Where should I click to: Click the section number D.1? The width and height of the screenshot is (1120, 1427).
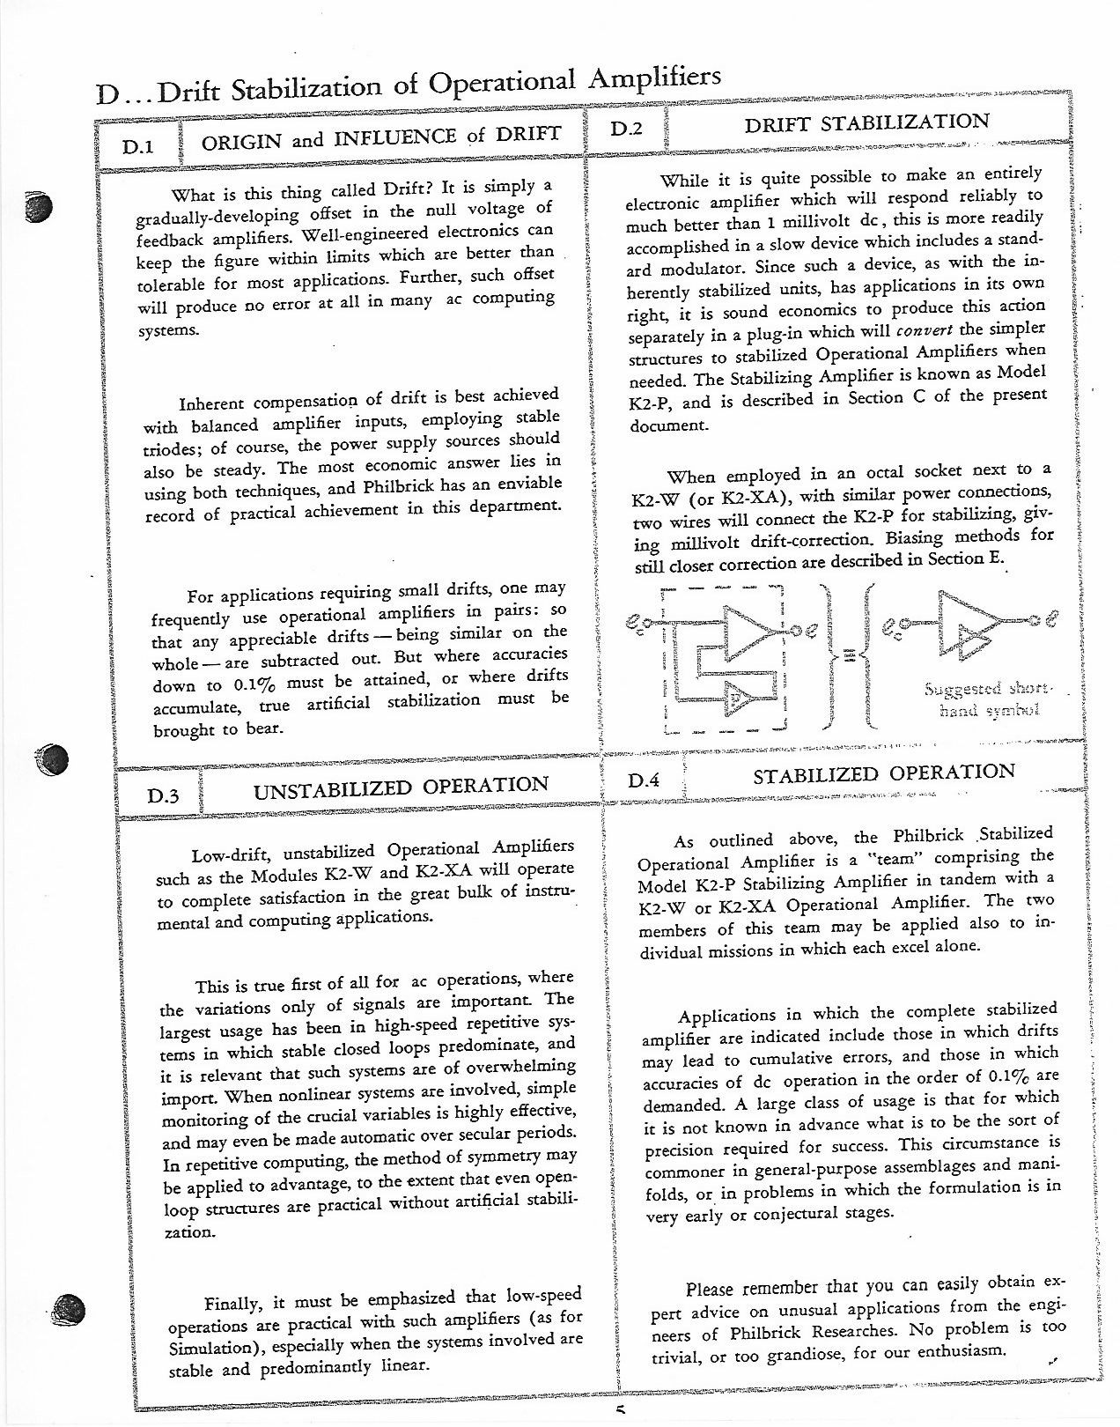[x=139, y=147]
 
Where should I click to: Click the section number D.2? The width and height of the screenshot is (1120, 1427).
[x=626, y=128]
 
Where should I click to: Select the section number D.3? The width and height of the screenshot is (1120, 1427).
[x=163, y=796]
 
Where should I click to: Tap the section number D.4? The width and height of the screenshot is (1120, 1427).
[x=645, y=780]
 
